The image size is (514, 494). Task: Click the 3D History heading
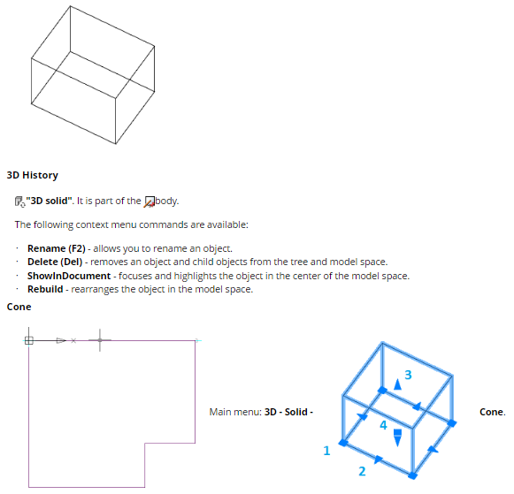pyautogui.click(x=33, y=175)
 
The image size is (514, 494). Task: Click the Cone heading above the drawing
pyautogui.click(x=19, y=307)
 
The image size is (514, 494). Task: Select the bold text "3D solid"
pyautogui.click(x=50, y=201)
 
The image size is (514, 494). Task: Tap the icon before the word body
pyautogui.click(x=150, y=201)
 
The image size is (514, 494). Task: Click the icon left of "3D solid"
pyautogui.click(x=20, y=201)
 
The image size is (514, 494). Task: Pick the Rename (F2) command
pyautogui.click(x=57, y=249)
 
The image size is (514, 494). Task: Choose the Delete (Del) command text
pyautogui.click(x=55, y=262)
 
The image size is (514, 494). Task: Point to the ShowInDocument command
pyautogui.click(x=69, y=276)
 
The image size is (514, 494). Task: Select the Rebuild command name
pyautogui.click(x=45, y=289)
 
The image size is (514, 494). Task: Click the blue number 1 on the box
pyautogui.click(x=326, y=451)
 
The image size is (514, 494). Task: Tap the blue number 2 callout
pyautogui.click(x=362, y=471)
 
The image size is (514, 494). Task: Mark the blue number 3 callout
pyautogui.click(x=408, y=375)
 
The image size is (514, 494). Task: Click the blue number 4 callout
pyautogui.click(x=383, y=425)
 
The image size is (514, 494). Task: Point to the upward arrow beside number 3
pyautogui.click(x=397, y=384)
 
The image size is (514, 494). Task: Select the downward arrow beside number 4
pyautogui.click(x=397, y=438)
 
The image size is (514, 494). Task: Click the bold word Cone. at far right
pyautogui.click(x=493, y=412)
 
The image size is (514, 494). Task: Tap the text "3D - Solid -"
pyautogui.click(x=288, y=412)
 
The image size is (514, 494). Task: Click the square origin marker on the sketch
pyautogui.click(x=29, y=340)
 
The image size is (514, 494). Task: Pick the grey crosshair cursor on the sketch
pyautogui.click(x=100, y=340)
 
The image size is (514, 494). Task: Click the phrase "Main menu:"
pyautogui.click(x=235, y=412)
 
